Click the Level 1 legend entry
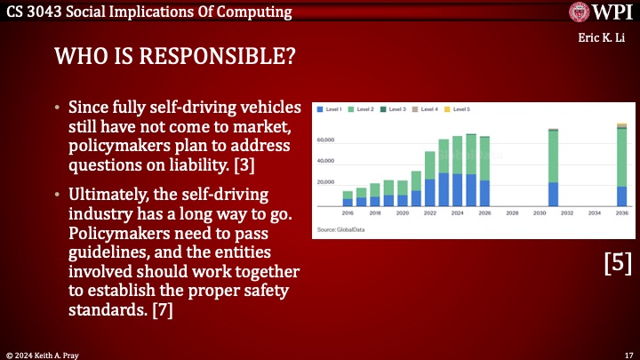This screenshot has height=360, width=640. (332, 109)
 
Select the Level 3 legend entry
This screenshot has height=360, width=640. (394, 109)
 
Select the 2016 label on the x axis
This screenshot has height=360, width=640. (348, 214)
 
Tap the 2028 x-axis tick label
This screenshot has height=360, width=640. (512, 214)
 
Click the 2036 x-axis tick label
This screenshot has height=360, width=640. (621, 214)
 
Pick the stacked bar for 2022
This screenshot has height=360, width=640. (430, 179)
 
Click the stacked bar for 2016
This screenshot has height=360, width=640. (348, 199)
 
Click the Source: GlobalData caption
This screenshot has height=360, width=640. (341, 230)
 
